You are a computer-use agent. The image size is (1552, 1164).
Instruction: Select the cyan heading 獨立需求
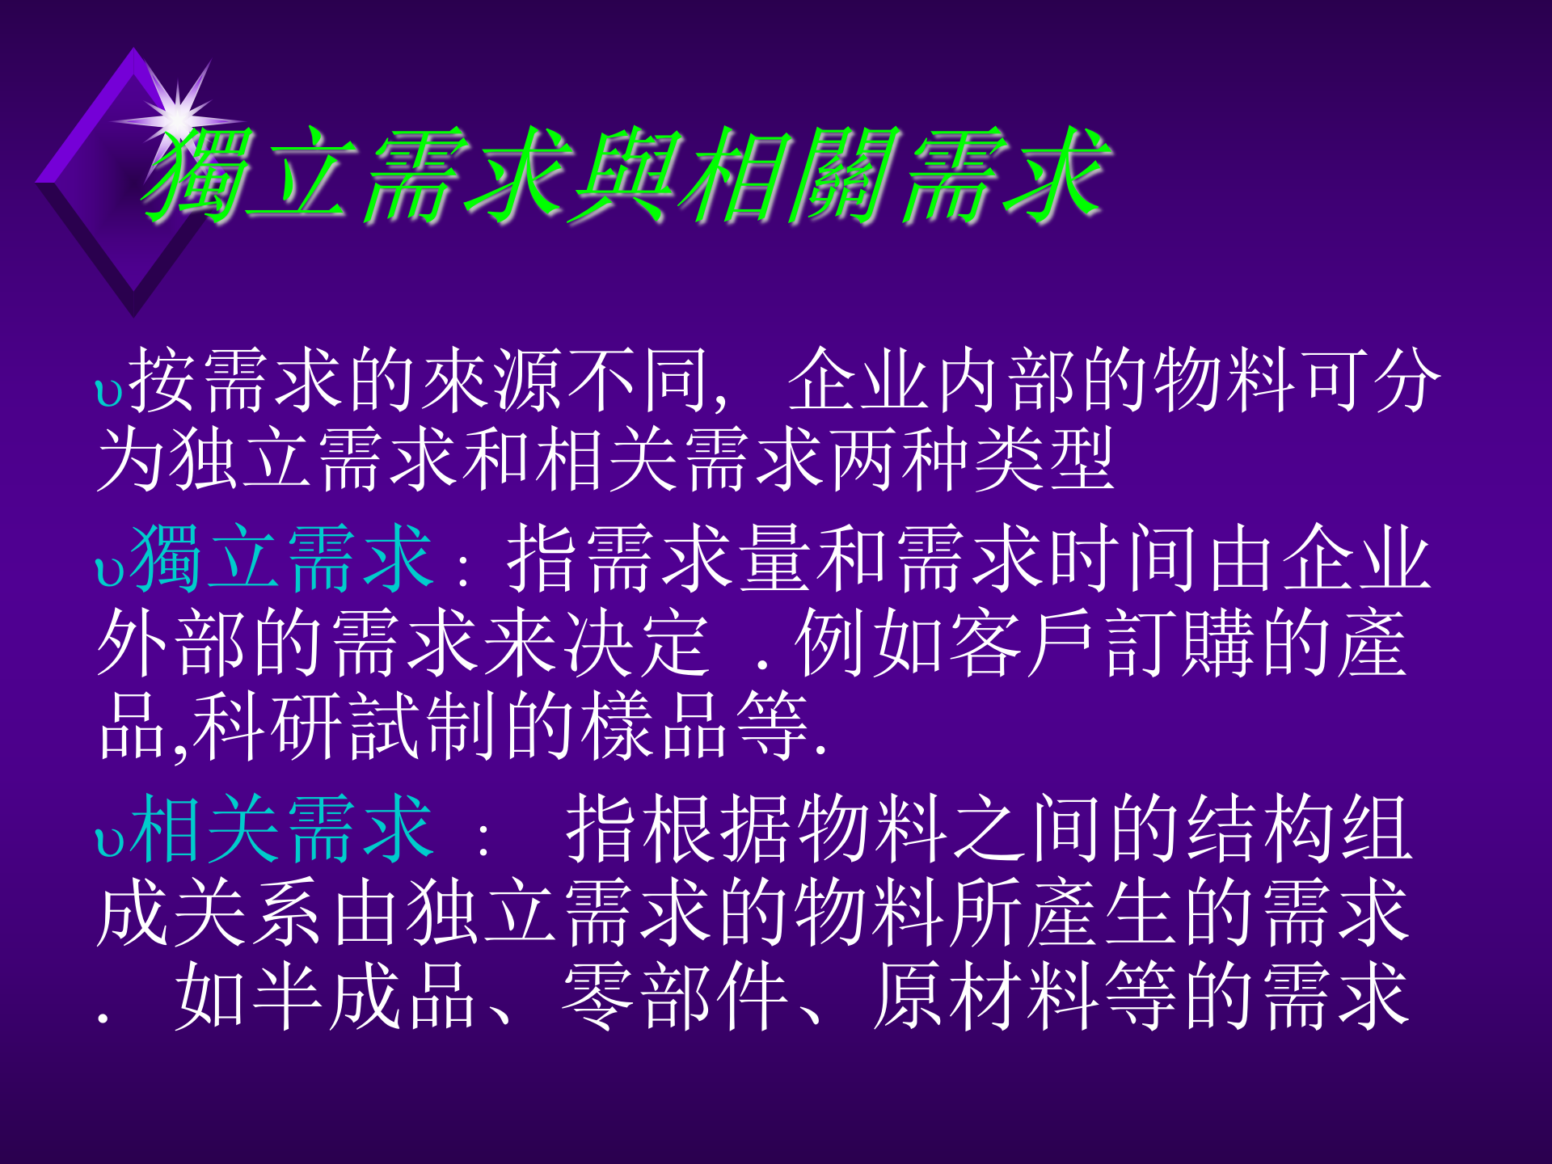[x=280, y=558]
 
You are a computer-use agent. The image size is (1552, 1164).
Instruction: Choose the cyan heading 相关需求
[x=280, y=828]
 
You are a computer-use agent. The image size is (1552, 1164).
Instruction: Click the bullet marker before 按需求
[x=108, y=393]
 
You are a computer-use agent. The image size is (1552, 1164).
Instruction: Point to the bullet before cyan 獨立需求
[x=108, y=571]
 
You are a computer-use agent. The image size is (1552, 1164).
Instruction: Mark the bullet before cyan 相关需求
[x=108, y=841]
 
